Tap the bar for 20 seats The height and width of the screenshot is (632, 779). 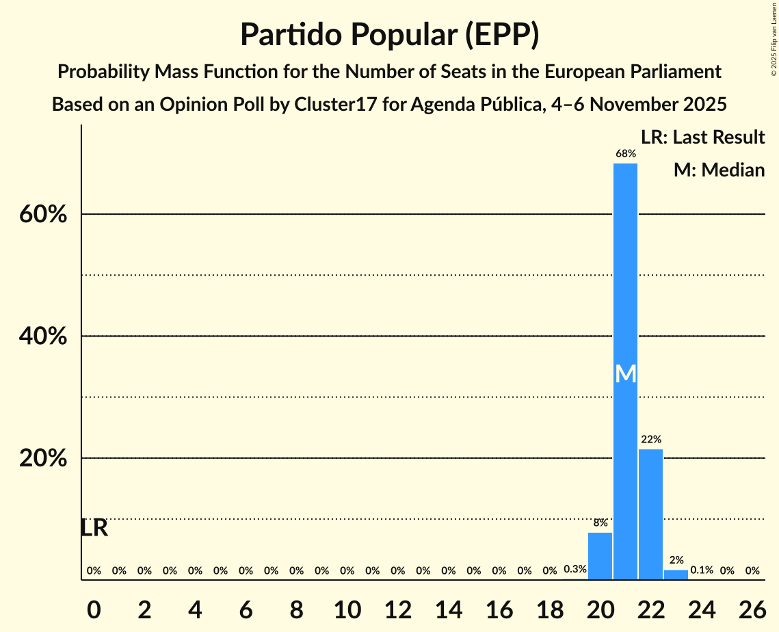tap(600, 556)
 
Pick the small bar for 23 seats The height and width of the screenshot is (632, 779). tap(676, 575)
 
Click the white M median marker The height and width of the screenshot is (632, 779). tap(625, 373)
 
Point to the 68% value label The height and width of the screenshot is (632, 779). tap(625, 154)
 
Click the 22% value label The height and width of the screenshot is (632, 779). tap(650, 440)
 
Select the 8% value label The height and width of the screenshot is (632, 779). tap(600, 523)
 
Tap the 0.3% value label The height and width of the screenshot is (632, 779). tap(575, 570)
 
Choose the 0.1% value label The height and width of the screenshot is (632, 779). tap(702, 570)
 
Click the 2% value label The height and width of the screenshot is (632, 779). tap(676, 560)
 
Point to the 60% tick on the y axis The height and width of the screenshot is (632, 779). tap(42, 215)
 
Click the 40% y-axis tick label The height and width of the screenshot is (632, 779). tap(42, 337)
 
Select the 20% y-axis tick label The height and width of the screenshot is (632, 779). tap(42, 458)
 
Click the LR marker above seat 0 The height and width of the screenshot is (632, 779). tap(94, 528)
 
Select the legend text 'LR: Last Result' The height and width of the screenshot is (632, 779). tap(702, 137)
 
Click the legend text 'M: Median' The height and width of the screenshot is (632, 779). tap(719, 170)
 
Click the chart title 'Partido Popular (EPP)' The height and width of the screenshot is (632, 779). tap(389, 35)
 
